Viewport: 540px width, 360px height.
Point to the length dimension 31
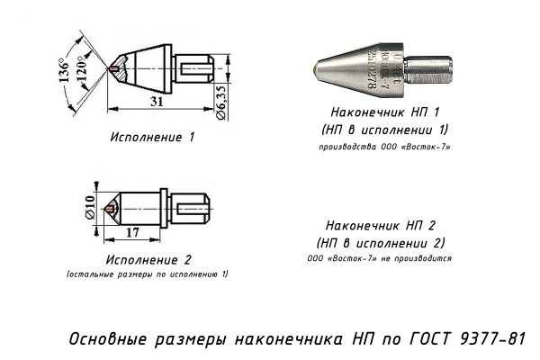coord(157,103)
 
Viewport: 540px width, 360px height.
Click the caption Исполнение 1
coord(152,138)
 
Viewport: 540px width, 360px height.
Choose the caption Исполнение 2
coord(144,260)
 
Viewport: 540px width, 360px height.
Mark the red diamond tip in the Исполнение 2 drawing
coord(110,208)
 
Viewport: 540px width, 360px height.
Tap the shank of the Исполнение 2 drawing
coord(193,208)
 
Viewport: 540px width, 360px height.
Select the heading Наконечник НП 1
coord(384,115)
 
